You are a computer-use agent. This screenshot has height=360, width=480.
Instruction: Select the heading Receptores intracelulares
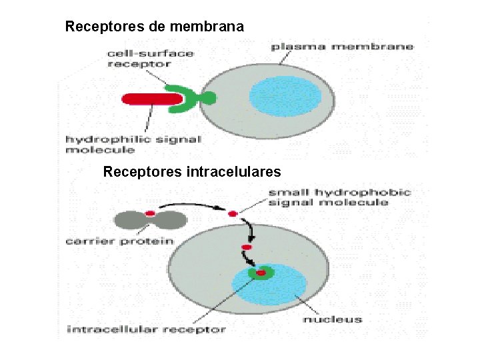[x=192, y=172]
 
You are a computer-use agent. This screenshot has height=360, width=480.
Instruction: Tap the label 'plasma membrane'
[x=341, y=47]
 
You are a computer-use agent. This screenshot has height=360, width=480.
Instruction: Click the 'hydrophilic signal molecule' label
[x=133, y=145]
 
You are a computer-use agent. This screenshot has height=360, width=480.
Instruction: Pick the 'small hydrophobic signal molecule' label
[x=339, y=197]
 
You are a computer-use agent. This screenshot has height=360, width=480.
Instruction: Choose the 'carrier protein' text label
[x=119, y=241]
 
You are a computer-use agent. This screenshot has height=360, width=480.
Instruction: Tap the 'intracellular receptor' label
[x=147, y=329]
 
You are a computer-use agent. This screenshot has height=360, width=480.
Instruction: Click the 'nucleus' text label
[x=332, y=319]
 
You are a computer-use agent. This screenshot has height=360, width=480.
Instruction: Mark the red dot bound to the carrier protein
[x=150, y=213]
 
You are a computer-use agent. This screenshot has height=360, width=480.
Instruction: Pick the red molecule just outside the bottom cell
[x=233, y=214]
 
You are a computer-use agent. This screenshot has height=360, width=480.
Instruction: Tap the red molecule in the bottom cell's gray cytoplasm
[x=246, y=247]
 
